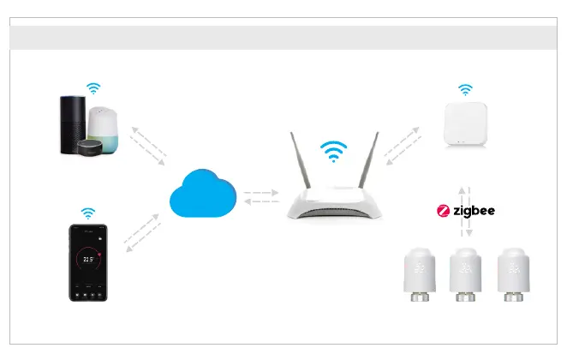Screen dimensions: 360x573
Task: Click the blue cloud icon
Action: [x=200, y=195]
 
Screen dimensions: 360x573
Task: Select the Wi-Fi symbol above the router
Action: [x=333, y=152]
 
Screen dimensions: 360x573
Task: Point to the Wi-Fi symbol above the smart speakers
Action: [x=93, y=87]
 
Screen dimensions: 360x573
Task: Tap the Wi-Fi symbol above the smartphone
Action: [x=88, y=212]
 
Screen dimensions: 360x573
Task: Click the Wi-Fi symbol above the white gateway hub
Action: [x=465, y=88]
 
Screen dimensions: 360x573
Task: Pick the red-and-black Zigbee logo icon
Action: [x=444, y=210]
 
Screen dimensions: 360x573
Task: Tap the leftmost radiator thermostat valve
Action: [x=420, y=273]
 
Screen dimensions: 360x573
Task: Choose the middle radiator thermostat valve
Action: [x=466, y=273]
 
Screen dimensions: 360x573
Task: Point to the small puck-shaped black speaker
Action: [x=89, y=147]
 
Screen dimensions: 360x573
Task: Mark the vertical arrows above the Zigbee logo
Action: [x=462, y=191]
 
